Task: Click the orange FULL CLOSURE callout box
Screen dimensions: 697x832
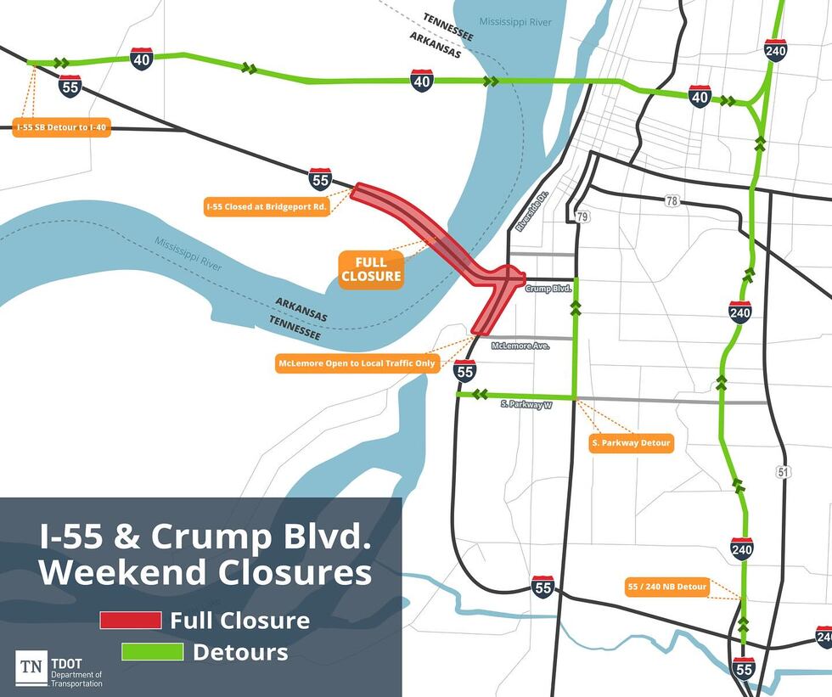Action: (x=371, y=269)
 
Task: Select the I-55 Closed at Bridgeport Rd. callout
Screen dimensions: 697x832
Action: (x=267, y=206)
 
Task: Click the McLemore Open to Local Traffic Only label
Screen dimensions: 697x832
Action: (x=357, y=363)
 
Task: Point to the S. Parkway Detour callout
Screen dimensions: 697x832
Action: (x=631, y=443)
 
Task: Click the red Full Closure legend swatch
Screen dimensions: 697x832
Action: (x=131, y=621)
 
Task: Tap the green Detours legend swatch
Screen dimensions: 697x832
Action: (x=153, y=653)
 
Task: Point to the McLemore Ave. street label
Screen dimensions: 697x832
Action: (x=521, y=346)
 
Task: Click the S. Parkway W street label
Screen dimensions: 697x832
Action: (x=526, y=406)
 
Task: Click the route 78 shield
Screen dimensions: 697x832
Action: (x=673, y=201)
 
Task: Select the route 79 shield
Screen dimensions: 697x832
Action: (x=582, y=217)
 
